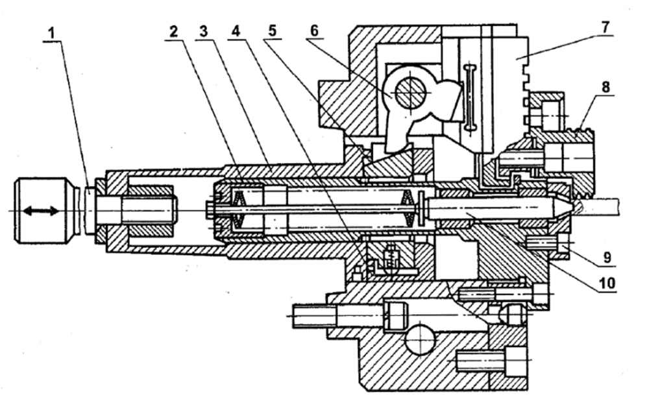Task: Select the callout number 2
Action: (x=173, y=30)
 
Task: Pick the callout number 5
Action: (x=273, y=30)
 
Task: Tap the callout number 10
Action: (x=607, y=284)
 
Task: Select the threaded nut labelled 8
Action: (x=571, y=152)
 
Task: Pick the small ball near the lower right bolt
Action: (x=513, y=315)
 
